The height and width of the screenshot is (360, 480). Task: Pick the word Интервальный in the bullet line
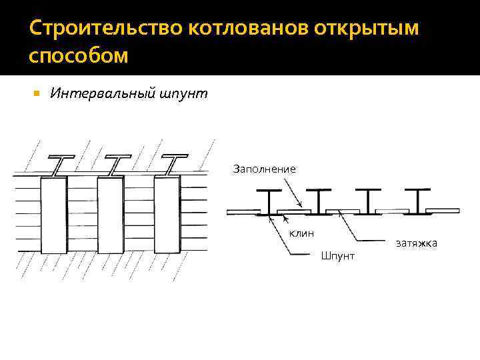[x=100, y=94]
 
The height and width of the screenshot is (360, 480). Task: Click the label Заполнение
[x=264, y=169]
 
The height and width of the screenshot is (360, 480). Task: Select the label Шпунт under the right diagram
[x=338, y=255]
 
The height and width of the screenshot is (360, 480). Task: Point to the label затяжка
[x=416, y=243]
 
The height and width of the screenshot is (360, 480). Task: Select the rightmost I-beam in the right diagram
[x=421, y=202]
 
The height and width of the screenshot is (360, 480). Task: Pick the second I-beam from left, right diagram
[x=320, y=202]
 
